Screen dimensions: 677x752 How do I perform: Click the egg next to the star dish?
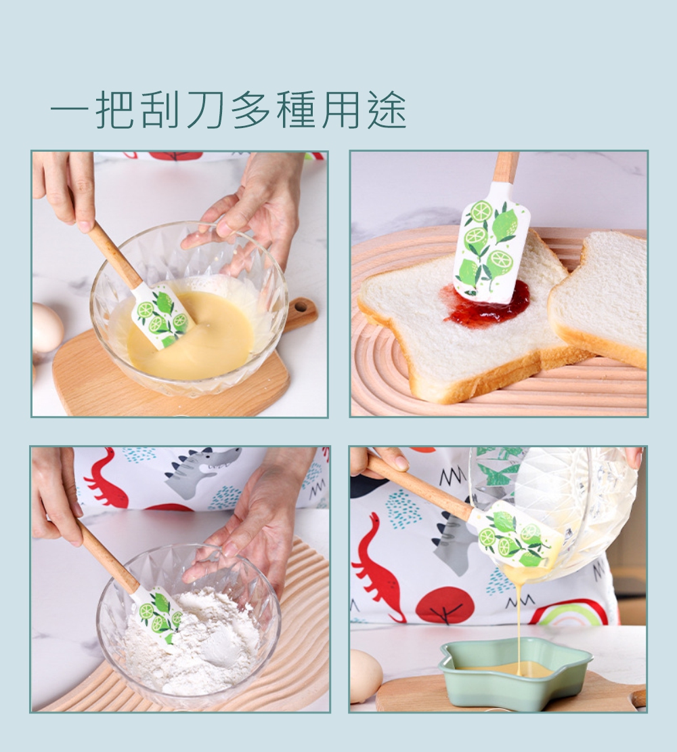[365, 675]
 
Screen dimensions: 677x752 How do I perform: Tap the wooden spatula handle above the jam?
[506, 167]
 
